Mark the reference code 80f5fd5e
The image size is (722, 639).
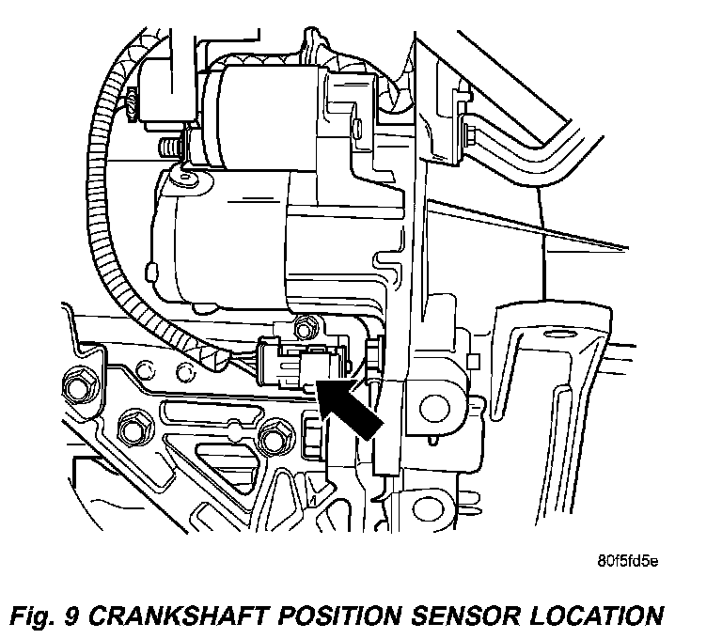click(628, 563)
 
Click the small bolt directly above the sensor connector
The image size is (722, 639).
click(303, 328)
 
